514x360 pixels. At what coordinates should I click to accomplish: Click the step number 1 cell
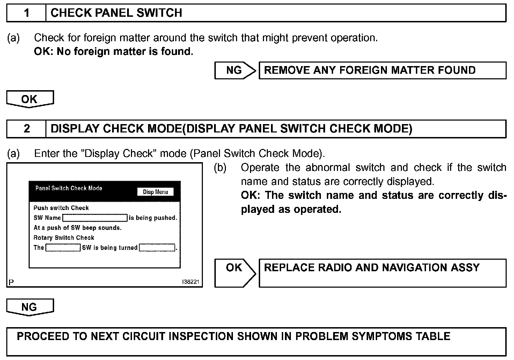point(27,13)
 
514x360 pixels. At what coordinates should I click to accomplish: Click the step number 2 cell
point(27,129)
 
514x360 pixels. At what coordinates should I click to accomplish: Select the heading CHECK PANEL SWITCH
point(116,13)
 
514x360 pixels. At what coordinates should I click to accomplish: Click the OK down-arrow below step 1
point(30,99)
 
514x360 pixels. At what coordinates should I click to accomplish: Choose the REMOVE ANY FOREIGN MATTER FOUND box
point(382,70)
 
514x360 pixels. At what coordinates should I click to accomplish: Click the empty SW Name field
point(95,218)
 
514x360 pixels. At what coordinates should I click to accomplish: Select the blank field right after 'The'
point(63,248)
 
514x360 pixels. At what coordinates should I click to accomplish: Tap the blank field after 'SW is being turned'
point(157,248)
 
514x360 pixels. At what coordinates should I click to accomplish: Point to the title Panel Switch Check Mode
point(69,188)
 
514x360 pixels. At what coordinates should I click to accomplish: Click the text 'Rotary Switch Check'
point(64,238)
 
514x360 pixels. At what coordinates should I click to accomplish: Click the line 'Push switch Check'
point(61,208)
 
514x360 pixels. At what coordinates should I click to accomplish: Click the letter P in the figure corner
point(11,282)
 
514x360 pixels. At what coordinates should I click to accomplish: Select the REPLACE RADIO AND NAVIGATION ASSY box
point(382,273)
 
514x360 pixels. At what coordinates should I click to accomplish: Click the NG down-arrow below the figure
point(30,307)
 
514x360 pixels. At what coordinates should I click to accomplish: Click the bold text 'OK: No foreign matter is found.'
point(113,52)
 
